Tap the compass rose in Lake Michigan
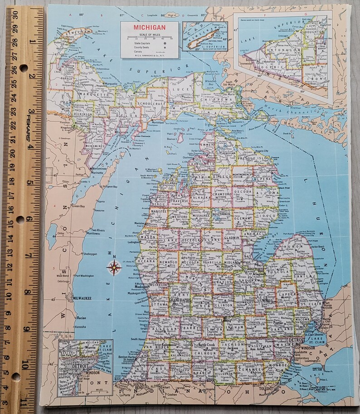pos(114,268)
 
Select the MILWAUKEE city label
pos(82,298)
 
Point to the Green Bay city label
pos(78,206)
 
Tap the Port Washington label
pos(84,276)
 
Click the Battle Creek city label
pos(205,346)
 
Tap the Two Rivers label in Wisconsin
pos(91,230)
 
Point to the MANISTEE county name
pos(159,211)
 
